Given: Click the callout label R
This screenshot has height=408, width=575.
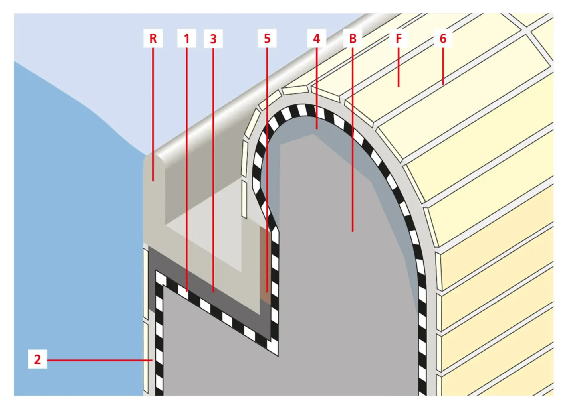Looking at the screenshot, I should (x=153, y=39).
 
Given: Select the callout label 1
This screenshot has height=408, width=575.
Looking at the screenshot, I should (x=186, y=39).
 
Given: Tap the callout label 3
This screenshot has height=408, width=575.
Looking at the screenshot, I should (x=213, y=39).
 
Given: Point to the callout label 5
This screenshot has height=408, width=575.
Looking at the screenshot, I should (x=267, y=39).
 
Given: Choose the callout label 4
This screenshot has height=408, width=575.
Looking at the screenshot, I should (x=317, y=39).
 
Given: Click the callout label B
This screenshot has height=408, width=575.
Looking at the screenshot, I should (x=353, y=39).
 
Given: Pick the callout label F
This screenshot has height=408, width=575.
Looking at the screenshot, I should (x=399, y=39).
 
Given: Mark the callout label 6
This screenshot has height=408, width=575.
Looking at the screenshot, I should (x=443, y=39).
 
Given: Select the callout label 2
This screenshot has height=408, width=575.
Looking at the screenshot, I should (x=37, y=359).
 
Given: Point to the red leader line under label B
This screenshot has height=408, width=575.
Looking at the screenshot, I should (x=353, y=140).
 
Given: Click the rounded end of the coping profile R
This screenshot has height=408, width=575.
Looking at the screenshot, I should (x=153, y=168).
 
